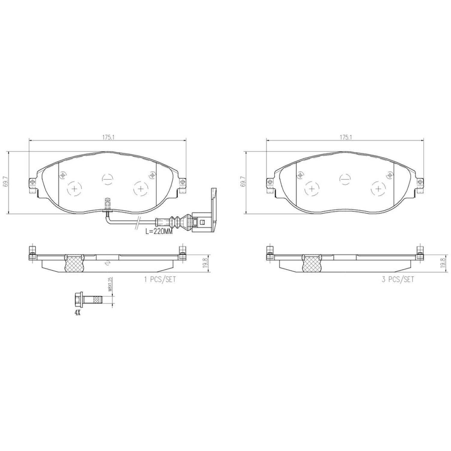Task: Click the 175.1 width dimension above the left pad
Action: pos(107,137)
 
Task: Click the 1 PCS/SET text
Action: pos(160,279)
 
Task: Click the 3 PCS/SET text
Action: pos(398,279)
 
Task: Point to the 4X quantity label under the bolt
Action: pos(77,313)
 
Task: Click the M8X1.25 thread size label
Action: pos(110,284)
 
